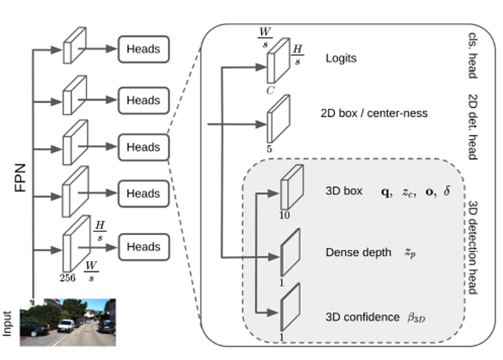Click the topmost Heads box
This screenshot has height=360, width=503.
point(144,51)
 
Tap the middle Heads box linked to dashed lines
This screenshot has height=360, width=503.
point(144,147)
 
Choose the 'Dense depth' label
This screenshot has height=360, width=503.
point(358,253)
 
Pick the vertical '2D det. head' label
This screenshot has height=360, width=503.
point(474,126)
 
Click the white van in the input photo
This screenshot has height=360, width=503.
point(67,325)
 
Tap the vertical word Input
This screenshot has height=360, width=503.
point(8,323)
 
